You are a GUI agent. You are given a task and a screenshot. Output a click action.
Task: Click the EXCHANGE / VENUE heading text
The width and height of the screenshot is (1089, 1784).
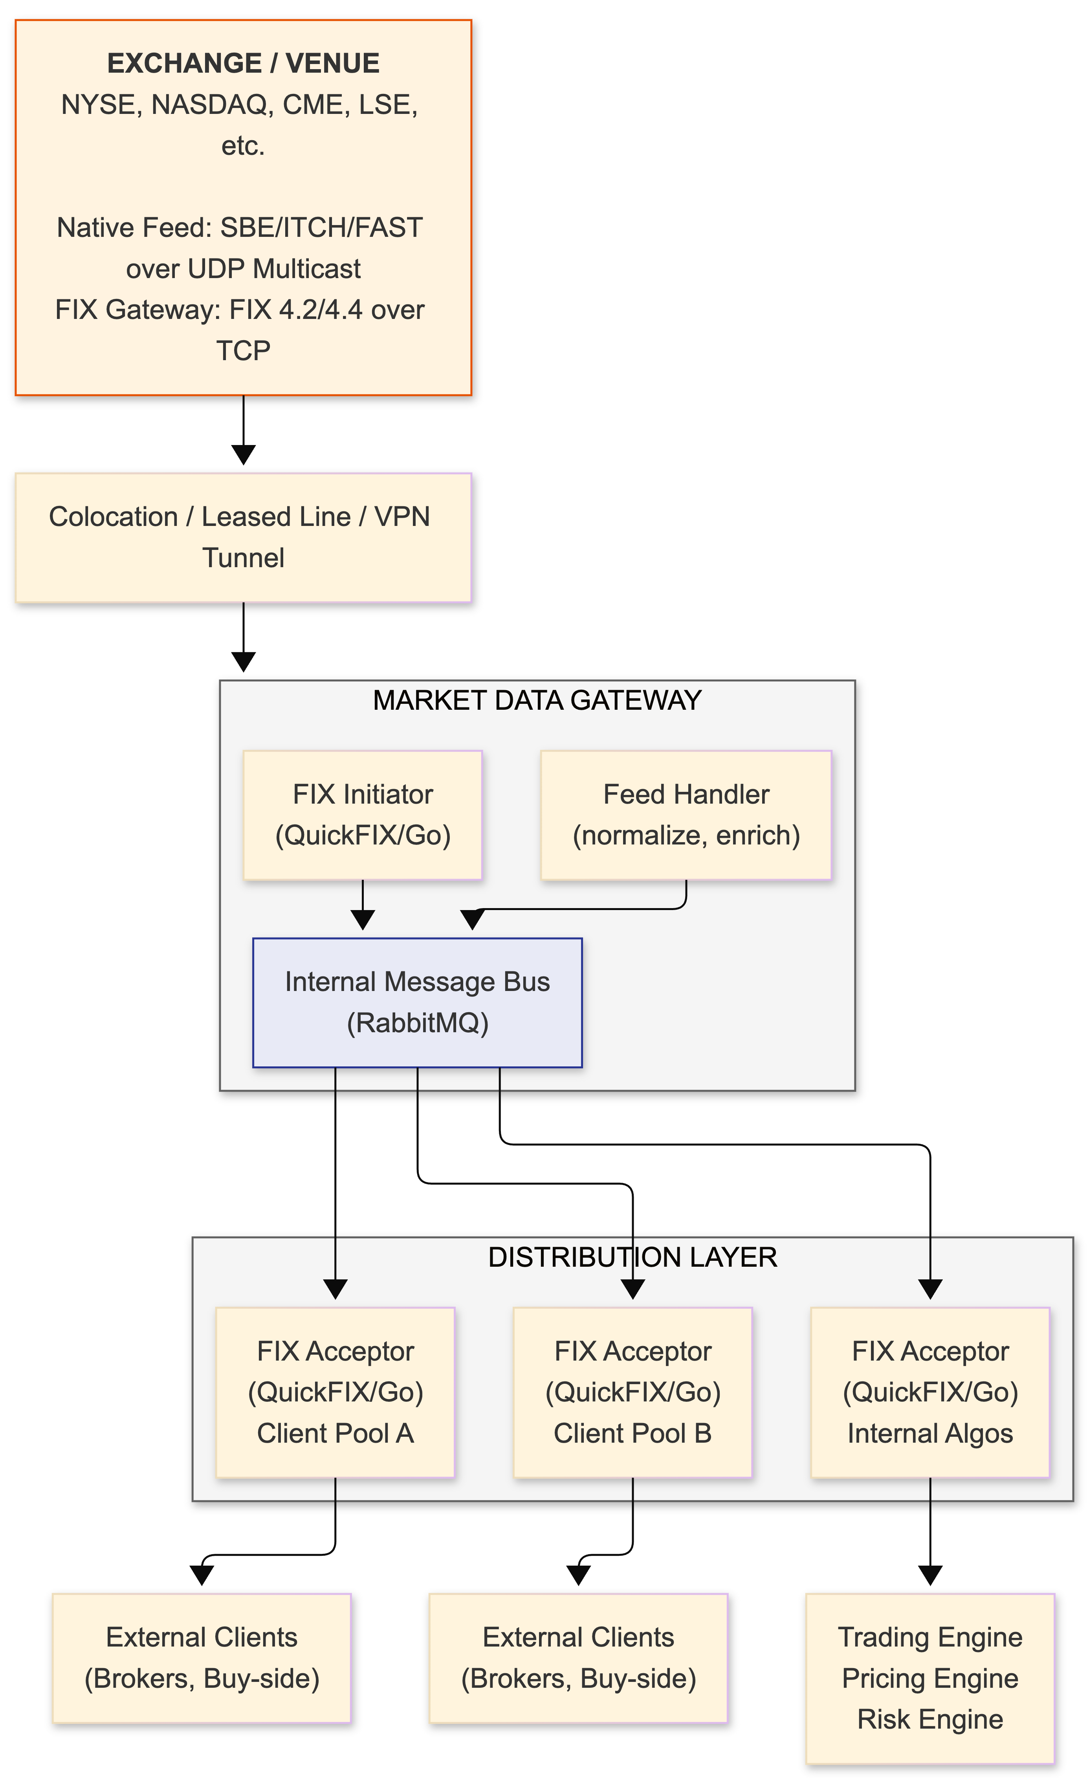click(243, 64)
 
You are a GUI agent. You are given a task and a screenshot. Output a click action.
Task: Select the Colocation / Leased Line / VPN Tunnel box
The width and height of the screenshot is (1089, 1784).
click(243, 537)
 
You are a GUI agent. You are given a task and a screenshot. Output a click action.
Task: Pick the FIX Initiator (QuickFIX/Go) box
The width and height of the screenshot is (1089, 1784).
click(363, 815)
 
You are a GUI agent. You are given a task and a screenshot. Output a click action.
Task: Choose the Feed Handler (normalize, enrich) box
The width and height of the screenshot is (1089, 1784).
click(686, 815)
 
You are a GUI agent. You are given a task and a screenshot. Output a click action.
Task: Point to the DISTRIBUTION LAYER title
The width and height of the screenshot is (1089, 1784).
click(632, 1258)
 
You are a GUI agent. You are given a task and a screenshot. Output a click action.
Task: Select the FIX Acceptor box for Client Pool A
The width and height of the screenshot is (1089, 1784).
click(335, 1392)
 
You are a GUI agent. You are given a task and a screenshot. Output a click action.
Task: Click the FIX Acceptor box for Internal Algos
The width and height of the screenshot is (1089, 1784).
click(930, 1392)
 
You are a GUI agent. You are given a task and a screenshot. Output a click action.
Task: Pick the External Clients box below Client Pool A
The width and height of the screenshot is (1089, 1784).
click(202, 1658)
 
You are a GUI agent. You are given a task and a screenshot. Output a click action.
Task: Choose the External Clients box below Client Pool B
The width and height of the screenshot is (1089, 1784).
click(579, 1658)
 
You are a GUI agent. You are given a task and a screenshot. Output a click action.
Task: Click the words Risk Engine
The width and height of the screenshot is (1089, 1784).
click(930, 1720)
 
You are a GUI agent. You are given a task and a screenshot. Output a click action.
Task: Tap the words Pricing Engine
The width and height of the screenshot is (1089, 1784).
click(930, 1678)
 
